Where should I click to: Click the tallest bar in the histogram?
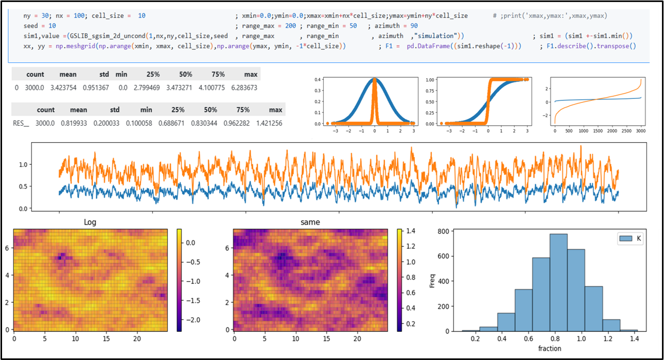pos(558,282)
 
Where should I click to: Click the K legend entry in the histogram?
pos(630,238)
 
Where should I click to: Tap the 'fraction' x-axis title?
pos(550,349)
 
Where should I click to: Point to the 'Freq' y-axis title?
pos(432,281)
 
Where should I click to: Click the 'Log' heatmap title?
pos(90,222)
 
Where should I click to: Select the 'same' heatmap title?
pos(310,222)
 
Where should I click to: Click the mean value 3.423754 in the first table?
pos(63,88)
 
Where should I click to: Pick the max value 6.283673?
pos(244,88)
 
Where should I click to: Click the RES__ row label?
pos(21,124)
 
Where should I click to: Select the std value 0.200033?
pos(107,124)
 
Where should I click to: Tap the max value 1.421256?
pos(269,124)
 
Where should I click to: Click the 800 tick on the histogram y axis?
pos(443,231)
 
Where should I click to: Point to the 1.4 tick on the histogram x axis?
pos(634,339)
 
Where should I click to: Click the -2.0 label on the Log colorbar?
pos(193,320)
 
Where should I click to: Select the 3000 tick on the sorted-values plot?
pos(641,131)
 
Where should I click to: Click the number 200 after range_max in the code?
pos(290,26)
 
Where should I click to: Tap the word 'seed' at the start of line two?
pos(31,26)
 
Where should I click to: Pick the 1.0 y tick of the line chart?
pos(23,165)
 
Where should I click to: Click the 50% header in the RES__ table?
pos(210,110)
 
